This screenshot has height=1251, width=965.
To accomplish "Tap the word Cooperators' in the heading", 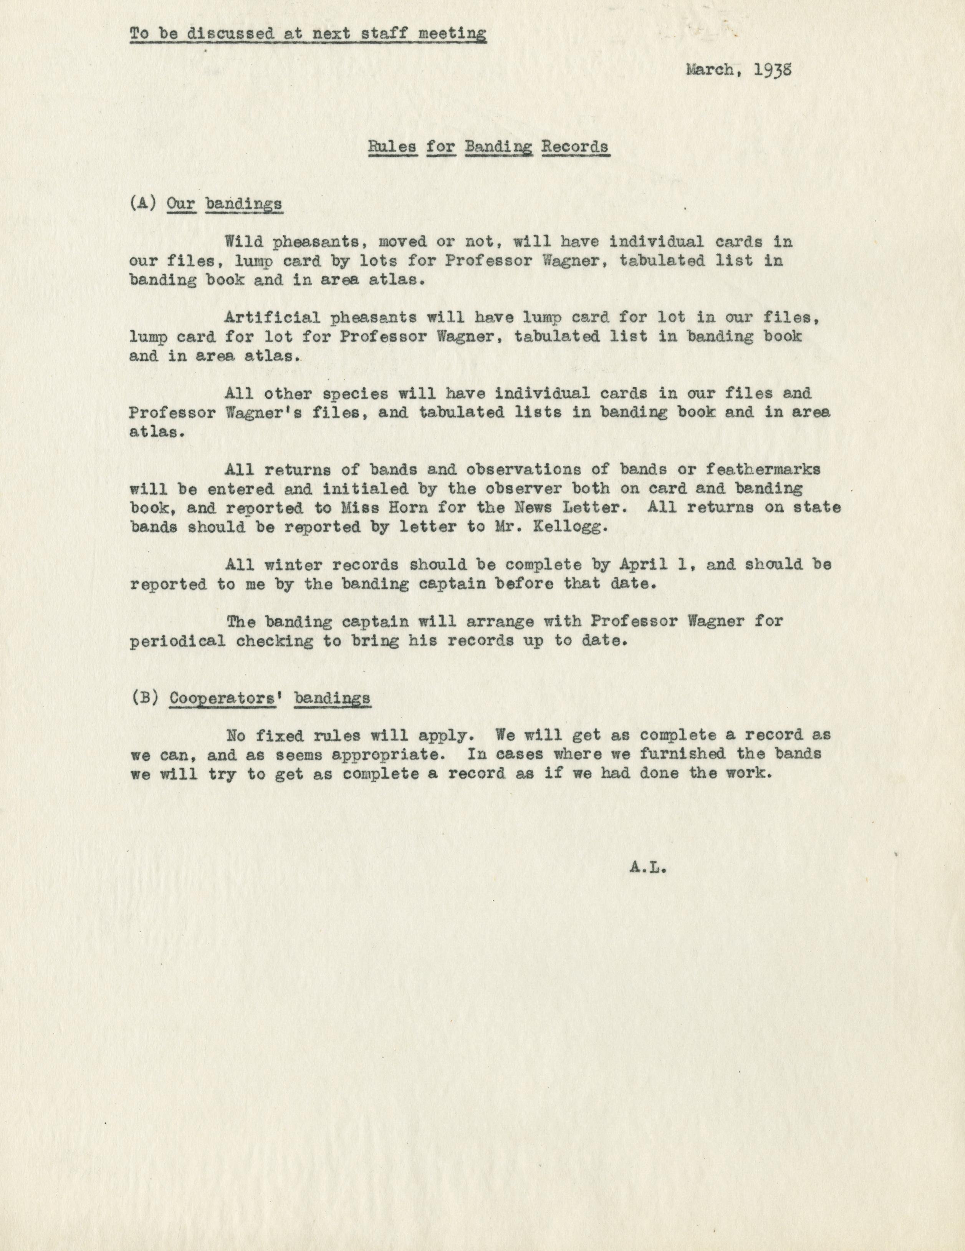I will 227,698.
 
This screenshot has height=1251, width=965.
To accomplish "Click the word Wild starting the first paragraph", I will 245,242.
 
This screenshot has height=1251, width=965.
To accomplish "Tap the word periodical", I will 177,641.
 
